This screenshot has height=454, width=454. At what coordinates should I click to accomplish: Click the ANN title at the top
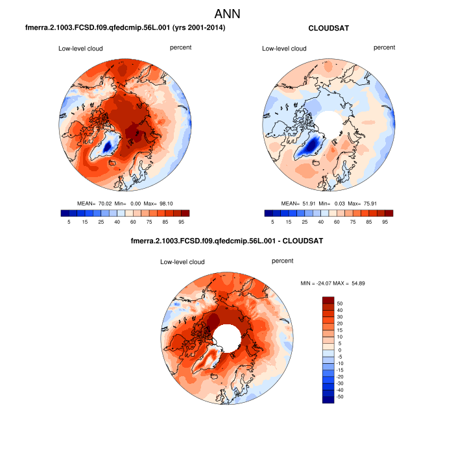coord(227,14)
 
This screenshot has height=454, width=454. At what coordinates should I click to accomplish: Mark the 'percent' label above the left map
coord(180,47)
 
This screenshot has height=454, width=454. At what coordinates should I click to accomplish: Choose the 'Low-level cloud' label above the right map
coord(284,48)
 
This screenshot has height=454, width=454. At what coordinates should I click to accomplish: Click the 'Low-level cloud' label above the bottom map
coord(183,262)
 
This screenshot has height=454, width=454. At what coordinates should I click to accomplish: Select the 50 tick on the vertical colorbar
coord(340,303)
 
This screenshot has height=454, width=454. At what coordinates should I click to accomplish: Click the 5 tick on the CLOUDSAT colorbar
coord(272,221)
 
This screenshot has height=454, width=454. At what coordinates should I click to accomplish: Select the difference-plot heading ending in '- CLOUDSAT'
coord(227,241)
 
